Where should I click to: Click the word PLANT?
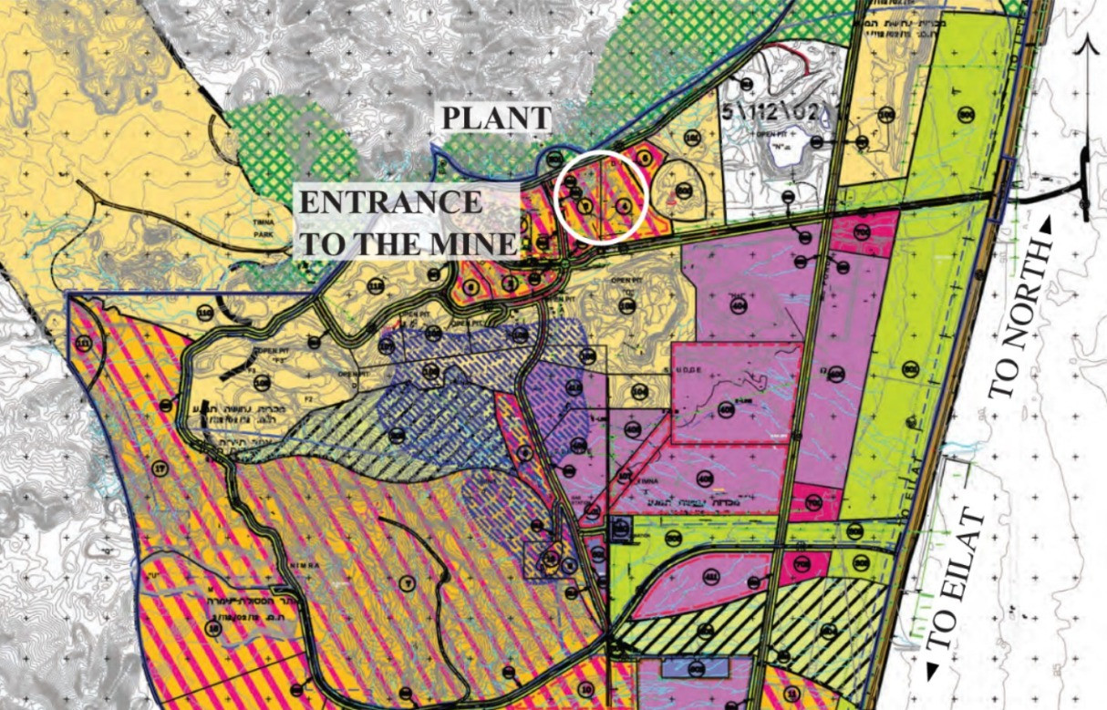(x=497, y=118)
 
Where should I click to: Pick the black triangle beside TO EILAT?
(x=932, y=672)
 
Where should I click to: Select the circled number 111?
(x=85, y=343)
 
